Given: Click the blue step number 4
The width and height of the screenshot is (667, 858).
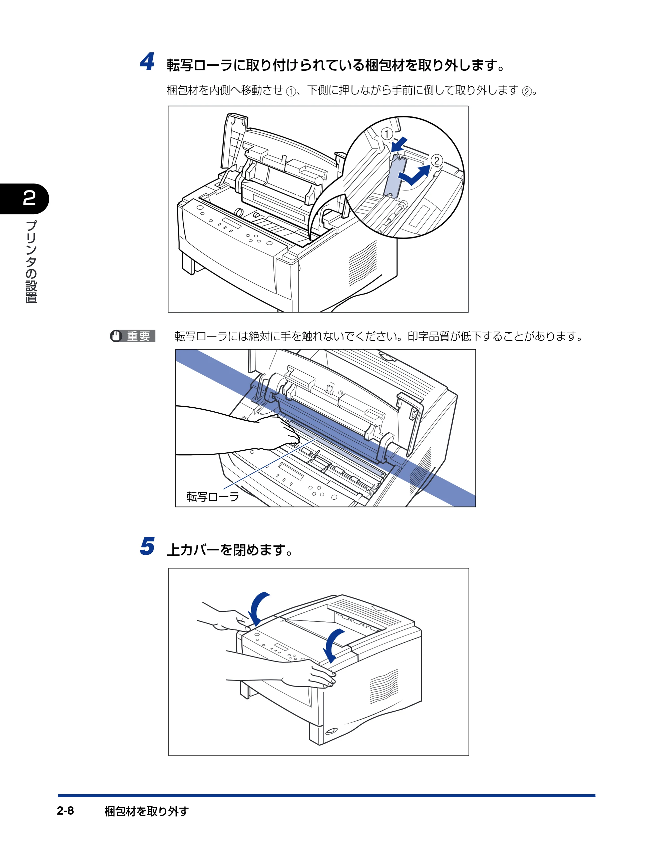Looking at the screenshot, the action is (x=147, y=62).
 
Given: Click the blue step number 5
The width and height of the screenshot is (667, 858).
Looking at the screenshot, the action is (x=147, y=546).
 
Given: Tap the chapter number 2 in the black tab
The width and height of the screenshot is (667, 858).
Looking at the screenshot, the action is (x=29, y=198).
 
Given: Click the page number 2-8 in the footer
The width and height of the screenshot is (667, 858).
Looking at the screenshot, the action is (x=65, y=811).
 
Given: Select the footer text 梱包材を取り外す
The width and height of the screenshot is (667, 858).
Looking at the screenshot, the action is (x=146, y=811).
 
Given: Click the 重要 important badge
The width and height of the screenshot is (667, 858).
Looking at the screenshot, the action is (x=133, y=336).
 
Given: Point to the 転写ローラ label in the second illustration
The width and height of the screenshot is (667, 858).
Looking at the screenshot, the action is (x=212, y=497).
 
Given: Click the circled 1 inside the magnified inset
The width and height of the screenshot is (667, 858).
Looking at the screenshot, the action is (x=387, y=134).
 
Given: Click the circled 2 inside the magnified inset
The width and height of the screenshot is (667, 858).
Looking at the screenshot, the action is (x=437, y=160).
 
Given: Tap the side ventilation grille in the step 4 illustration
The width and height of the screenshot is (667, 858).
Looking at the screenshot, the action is (x=363, y=264).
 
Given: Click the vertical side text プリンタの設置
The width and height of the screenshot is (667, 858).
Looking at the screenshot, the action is (x=31, y=262).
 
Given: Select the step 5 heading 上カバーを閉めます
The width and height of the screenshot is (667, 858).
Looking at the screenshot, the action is (x=230, y=550).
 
